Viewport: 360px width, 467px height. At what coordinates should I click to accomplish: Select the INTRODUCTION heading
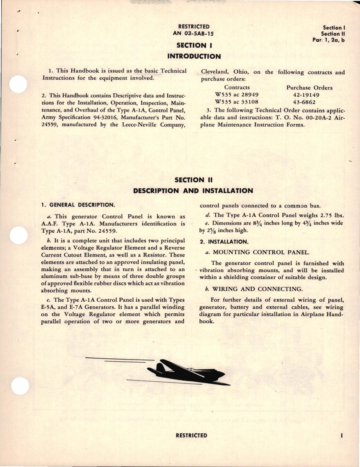click(x=194, y=56)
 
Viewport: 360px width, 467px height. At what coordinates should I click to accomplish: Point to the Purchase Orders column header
click(x=309, y=88)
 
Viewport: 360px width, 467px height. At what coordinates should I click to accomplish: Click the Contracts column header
click(x=237, y=87)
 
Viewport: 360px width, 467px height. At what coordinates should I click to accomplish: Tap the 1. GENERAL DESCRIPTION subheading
click(x=78, y=205)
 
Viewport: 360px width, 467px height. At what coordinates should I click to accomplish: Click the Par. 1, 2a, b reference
click(x=328, y=40)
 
